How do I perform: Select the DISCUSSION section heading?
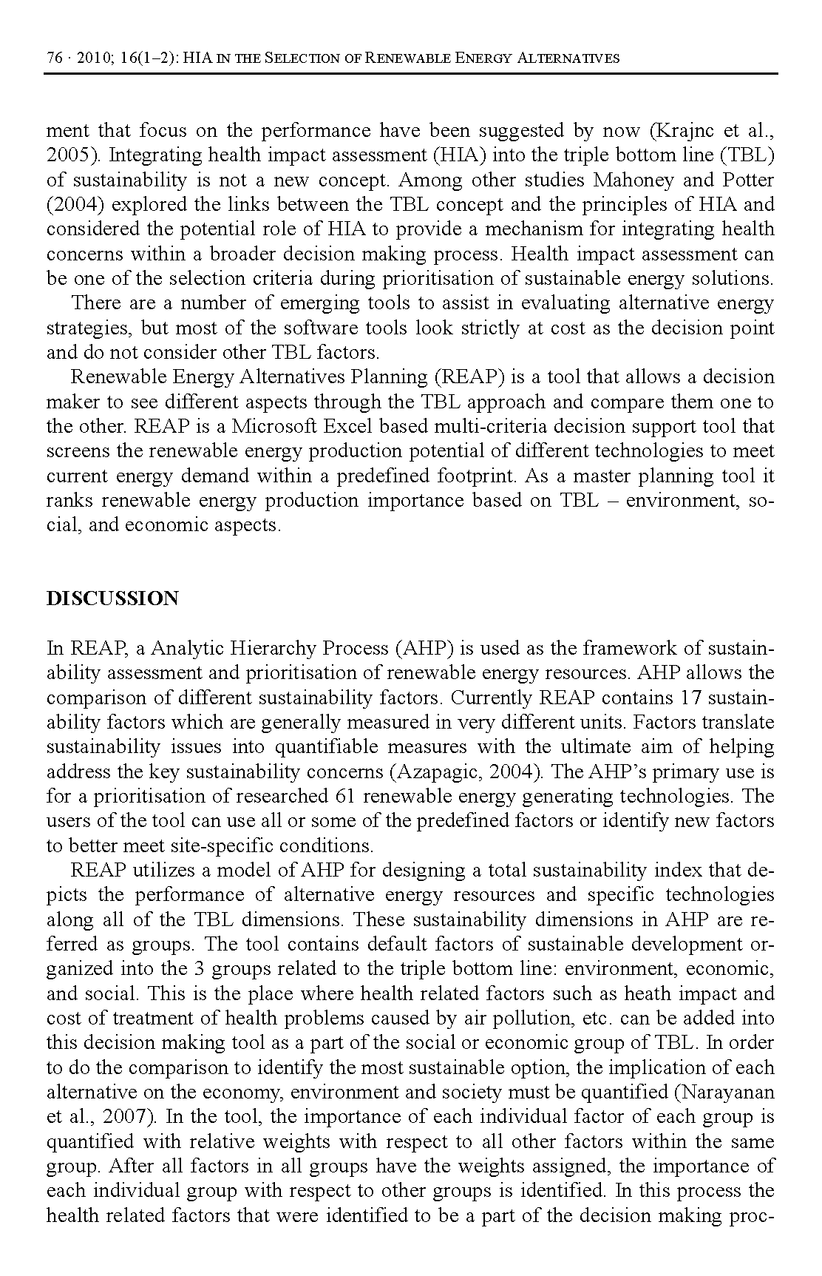click(112, 598)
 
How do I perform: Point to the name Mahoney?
click(632, 180)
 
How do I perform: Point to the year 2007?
click(93, 1117)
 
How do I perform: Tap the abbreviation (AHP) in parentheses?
click(423, 649)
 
